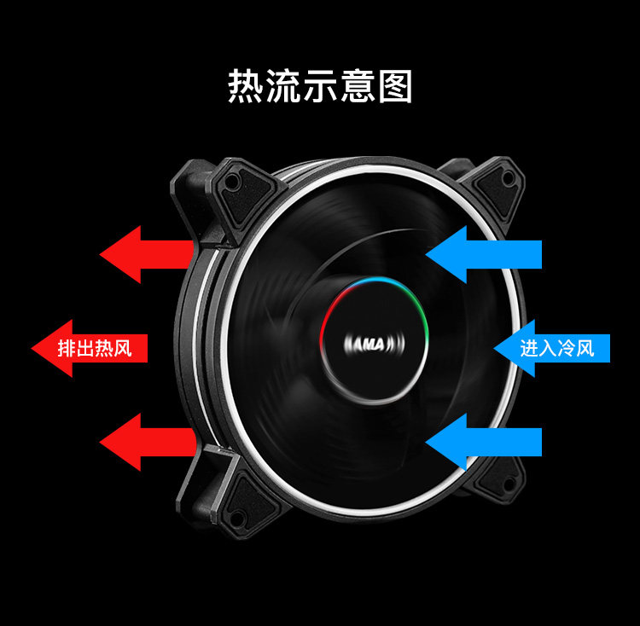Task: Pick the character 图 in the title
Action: click(x=395, y=86)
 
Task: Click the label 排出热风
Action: click(x=95, y=349)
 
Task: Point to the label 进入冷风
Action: click(x=557, y=349)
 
